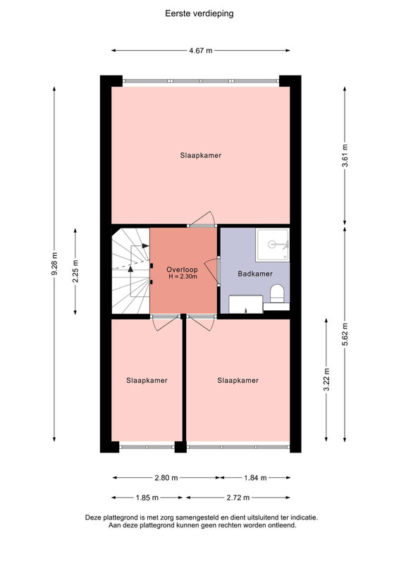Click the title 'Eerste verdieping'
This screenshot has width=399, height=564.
199,13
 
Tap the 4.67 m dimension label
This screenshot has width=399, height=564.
201,51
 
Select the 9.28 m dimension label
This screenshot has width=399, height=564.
54,264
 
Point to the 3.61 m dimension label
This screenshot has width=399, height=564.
345,155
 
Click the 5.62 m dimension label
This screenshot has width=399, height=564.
345,334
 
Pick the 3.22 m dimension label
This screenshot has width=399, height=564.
326,379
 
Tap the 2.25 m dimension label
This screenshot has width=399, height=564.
75,271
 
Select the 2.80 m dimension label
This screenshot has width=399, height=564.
166,478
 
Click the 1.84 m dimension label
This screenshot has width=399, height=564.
255,478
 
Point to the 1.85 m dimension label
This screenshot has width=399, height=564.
147,498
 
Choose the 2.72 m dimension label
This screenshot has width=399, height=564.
238,498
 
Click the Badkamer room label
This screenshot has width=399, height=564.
255,274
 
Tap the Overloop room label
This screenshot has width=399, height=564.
182,270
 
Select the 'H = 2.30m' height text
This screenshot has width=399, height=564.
183,276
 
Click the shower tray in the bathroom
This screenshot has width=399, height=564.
272,245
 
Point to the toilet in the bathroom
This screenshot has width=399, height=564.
277,293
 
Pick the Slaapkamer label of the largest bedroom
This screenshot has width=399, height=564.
201,155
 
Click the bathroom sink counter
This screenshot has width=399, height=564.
246,305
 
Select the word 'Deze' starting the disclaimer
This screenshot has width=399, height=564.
93,518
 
